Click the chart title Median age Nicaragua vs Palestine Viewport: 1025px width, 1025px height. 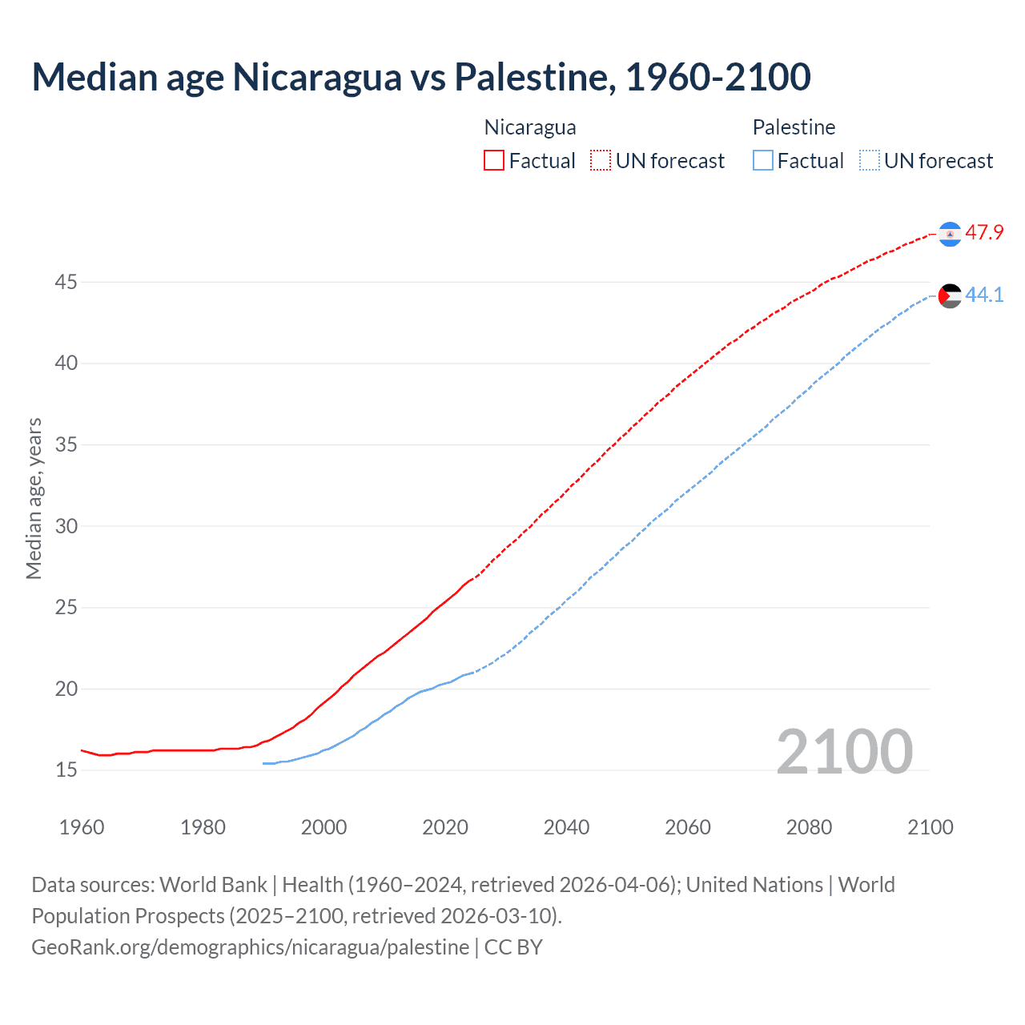[421, 78]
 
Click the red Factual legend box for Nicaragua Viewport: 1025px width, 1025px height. [494, 160]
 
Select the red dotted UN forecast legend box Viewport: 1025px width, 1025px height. [601, 160]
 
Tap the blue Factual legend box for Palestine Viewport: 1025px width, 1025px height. [763, 160]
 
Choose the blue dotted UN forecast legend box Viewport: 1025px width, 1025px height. [870, 160]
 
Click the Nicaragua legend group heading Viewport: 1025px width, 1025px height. [530, 127]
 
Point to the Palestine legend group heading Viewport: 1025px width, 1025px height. [794, 127]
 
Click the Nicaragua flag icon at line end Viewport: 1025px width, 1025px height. [950, 234]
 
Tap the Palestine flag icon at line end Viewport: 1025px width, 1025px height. [950, 295]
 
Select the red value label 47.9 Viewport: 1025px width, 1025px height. [984, 233]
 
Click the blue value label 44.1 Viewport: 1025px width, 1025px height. [984, 295]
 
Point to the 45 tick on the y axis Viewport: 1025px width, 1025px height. [66, 283]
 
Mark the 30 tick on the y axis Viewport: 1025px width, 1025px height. [66, 526]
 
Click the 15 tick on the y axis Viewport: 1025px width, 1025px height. [66, 770]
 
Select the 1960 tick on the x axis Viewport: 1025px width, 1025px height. [82, 827]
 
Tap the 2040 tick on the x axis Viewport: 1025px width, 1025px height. [566, 827]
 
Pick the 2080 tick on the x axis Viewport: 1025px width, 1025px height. [809, 827]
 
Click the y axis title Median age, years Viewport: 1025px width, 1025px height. [34, 498]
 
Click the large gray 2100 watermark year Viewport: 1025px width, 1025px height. [844, 751]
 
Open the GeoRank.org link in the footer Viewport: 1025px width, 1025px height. [250, 947]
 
